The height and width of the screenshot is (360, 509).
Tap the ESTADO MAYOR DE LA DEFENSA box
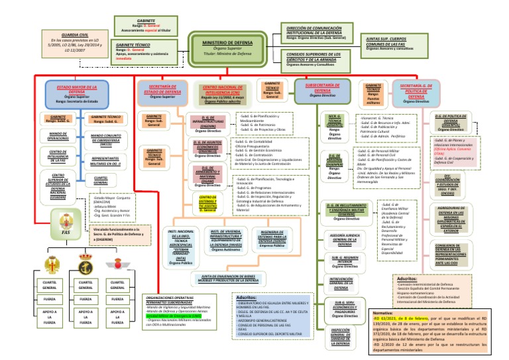click(x=72, y=92)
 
